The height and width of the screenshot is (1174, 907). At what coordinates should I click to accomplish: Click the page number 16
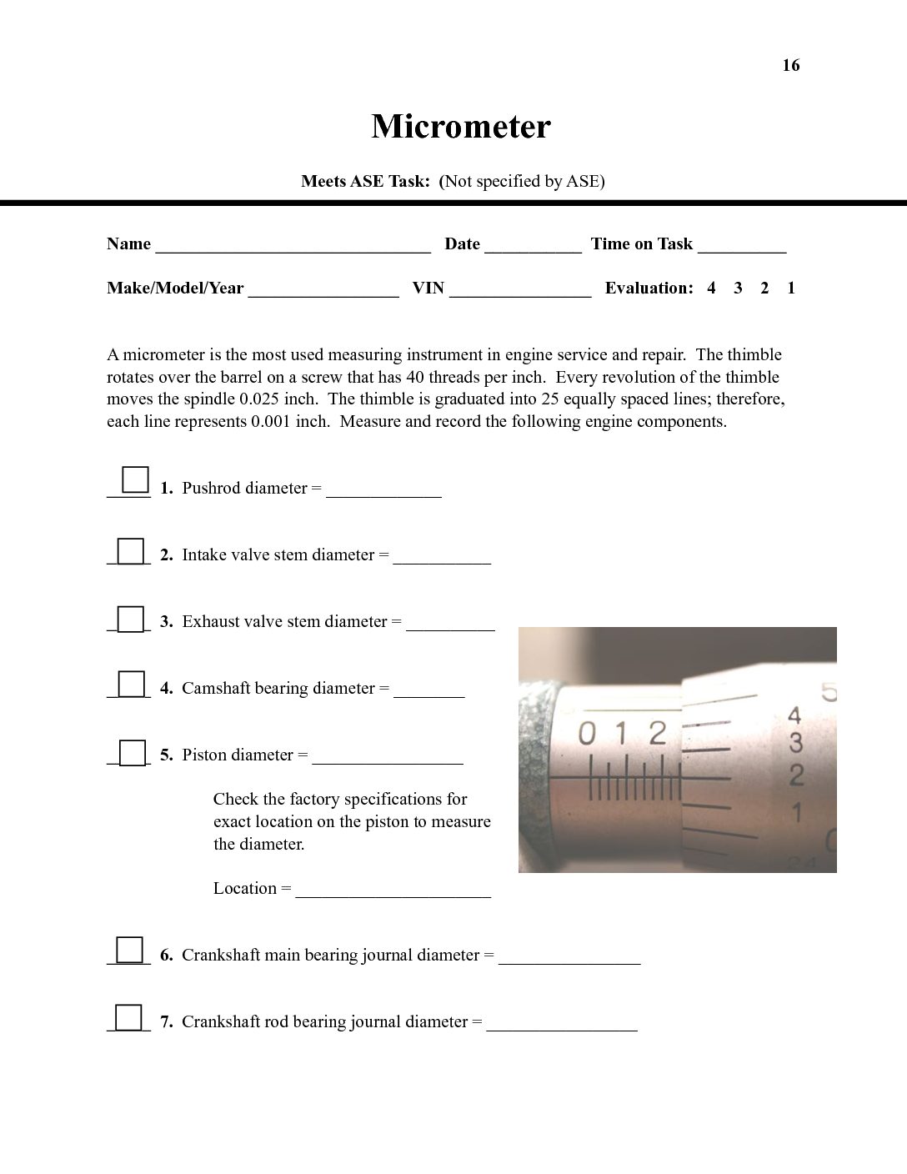point(790,65)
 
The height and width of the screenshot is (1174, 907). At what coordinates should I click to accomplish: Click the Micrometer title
point(461,127)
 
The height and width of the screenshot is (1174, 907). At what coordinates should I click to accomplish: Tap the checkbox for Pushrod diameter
point(135,480)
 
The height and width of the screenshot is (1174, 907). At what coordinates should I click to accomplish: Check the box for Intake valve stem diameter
point(130,551)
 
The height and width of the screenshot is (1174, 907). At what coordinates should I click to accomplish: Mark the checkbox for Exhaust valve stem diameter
point(130,619)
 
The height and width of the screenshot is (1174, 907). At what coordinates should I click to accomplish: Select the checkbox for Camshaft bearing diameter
point(131,685)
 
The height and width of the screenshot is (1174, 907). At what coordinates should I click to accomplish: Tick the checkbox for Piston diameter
point(132,752)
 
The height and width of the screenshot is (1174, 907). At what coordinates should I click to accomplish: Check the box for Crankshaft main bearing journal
point(129,951)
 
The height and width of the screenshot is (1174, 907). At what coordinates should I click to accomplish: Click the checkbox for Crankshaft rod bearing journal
point(128,1018)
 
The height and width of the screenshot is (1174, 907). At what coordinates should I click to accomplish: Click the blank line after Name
point(293,246)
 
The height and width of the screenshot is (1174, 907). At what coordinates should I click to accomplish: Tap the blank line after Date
point(533,246)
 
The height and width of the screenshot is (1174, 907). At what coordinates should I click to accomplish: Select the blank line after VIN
point(520,290)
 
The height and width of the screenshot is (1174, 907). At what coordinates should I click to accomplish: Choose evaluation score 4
point(711,288)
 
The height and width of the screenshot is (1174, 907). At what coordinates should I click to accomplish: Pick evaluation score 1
point(791,288)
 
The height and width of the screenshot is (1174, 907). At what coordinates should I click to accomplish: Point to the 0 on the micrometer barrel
point(587,735)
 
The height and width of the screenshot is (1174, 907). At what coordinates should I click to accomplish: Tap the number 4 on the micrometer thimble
point(794,715)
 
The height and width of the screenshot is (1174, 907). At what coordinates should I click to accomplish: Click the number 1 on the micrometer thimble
point(797,810)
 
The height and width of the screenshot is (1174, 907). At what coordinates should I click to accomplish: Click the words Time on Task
point(642,243)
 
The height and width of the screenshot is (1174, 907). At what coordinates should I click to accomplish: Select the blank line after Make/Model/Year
point(323,290)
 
